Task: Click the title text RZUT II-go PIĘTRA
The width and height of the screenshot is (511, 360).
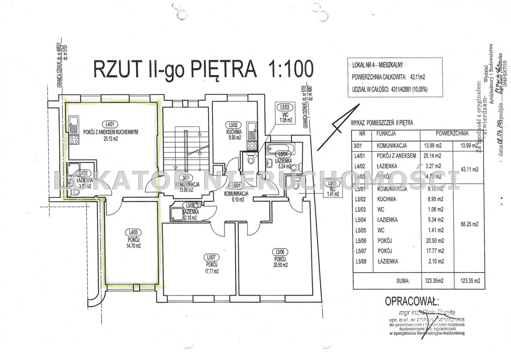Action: click(x=174, y=69)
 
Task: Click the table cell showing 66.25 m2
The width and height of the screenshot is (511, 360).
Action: click(x=469, y=224)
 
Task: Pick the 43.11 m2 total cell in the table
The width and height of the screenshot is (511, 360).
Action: click(x=469, y=169)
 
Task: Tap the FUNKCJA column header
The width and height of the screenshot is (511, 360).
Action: click(x=386, y=134)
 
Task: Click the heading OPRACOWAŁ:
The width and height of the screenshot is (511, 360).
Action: click(x=411, y=301)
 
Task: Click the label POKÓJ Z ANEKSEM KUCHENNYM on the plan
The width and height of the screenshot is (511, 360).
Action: click(x=111, y=132)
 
